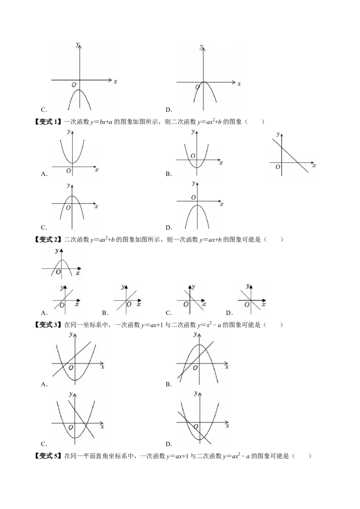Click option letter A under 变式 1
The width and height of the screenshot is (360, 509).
[x=44, y=174]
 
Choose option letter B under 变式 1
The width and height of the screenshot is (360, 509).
[x=168, y=174]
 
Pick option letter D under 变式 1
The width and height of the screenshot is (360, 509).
[x=169, y=228]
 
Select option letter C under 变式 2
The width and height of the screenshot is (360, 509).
[x=169, y=313]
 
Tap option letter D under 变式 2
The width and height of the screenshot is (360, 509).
[x=229, y=313]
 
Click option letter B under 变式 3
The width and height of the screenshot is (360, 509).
[x=168, y=384]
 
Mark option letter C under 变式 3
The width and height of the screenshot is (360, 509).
[x=44, y=444]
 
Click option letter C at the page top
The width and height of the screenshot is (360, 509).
[x=44, y=110]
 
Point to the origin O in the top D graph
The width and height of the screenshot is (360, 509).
[x=198, y=87]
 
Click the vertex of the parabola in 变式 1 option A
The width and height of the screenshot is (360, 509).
[x=72, y=163]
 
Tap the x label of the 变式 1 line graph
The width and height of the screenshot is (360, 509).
[x=314, y=165]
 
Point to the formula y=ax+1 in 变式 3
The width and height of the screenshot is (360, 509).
[x=152, y=325]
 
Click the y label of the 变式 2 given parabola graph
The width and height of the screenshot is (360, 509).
[x=57, y=250]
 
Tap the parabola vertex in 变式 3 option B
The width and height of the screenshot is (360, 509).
[x=199, y=345]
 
